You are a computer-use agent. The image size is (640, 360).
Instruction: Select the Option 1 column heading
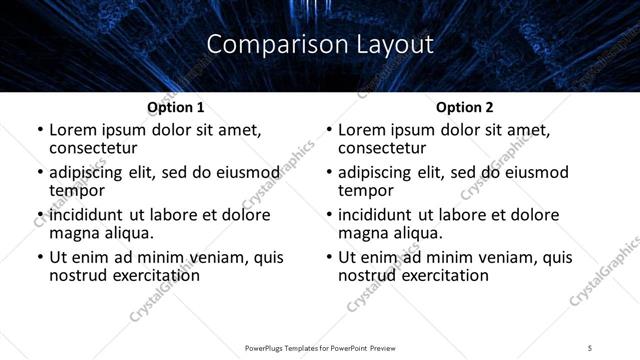[x=176, y=107]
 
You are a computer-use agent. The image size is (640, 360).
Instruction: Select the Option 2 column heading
[x=465, y=107]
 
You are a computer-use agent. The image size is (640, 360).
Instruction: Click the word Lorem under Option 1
[x=73, y=130]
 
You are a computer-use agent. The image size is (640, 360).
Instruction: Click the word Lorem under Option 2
[x=362, y=130]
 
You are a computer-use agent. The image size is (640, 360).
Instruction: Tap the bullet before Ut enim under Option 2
[x=329, y=258]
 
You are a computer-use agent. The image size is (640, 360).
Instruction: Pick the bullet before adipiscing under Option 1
[x=40, y=173]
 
